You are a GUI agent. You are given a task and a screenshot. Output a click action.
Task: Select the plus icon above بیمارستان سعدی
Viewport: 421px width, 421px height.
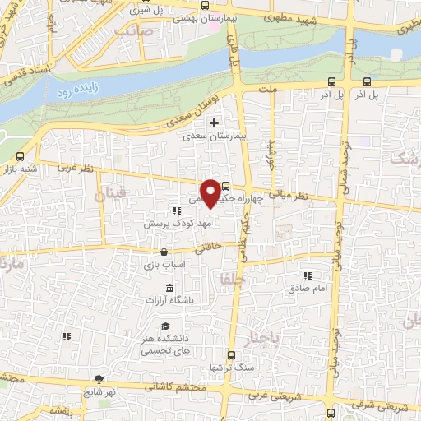coord(215,123)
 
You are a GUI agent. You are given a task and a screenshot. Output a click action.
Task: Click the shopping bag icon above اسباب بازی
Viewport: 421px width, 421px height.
coord(166,252)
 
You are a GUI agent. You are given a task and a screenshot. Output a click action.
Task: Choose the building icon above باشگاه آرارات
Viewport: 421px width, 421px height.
coord(169,287)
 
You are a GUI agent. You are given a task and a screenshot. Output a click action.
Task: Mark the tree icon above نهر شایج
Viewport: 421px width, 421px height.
coord(99,379)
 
